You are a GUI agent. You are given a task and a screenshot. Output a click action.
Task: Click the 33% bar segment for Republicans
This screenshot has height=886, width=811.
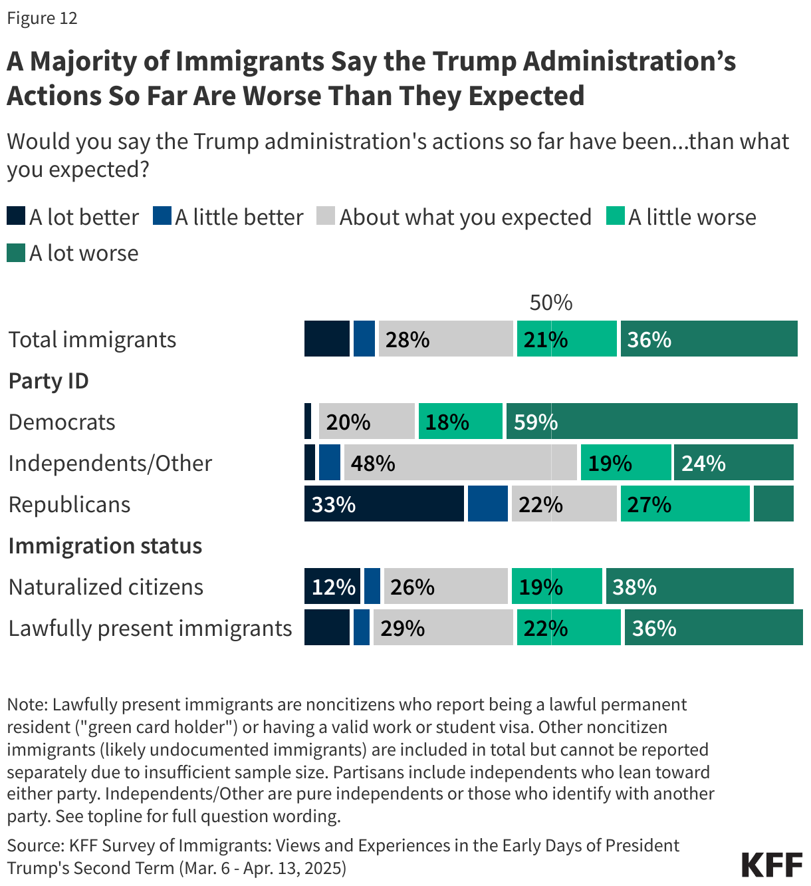point(384,504)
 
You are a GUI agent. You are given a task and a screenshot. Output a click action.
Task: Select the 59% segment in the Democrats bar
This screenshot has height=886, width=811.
point(651,421)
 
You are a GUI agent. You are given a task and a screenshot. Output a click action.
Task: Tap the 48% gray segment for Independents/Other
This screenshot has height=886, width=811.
point(460,462)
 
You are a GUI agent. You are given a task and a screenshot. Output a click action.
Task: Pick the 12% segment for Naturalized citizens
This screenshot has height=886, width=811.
point(332,586)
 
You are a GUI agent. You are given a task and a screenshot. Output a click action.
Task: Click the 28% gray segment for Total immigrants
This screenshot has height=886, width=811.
point(445,339)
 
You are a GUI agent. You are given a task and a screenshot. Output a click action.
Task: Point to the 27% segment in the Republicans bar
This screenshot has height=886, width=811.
point(685,504)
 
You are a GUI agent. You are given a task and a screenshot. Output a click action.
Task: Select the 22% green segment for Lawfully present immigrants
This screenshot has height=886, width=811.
point(568,627)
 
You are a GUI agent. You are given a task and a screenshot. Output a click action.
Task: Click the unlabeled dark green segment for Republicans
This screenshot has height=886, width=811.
point(773,504)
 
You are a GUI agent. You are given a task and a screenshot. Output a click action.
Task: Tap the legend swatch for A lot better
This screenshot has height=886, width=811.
point(16,216)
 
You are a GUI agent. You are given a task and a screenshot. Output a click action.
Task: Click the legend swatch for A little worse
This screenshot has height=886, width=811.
point(615,216)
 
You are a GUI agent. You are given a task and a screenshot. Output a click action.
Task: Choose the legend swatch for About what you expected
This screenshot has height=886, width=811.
point(326,216)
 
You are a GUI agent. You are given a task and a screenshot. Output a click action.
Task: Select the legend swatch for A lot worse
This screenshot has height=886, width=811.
point(16,253)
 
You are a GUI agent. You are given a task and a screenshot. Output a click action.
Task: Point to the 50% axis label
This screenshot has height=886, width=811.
point(550,303)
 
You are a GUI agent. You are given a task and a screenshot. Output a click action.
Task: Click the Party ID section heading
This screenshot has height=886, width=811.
point(49,380)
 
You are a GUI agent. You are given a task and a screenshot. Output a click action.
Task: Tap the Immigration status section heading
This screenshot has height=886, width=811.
point(105,545)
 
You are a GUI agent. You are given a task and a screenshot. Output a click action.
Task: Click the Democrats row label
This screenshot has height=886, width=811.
point(62,422)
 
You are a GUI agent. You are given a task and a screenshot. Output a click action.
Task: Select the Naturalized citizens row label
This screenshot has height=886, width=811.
point(106,587)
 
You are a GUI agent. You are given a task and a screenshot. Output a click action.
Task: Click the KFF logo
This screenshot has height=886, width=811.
point(772,865)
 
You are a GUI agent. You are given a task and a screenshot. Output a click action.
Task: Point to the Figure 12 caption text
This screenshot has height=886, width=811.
point(43,18)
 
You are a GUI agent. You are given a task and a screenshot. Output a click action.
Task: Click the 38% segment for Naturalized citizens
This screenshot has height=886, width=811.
point(699,586)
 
